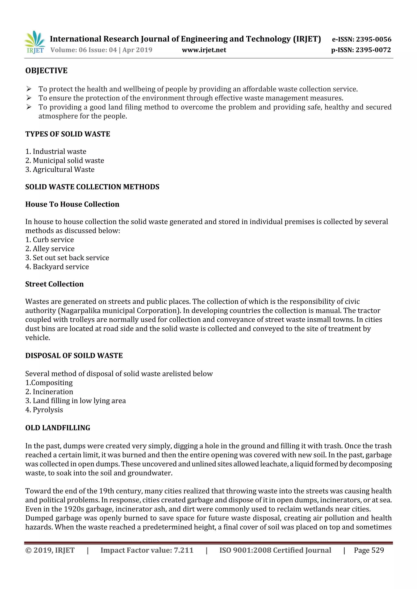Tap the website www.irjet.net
(x=204, y=50)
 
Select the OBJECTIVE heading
(x=46, y=71)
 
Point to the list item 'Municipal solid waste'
(x=68, y=161)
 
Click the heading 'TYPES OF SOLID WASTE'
(x=68, y=134)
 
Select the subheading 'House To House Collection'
(x=72, y=204)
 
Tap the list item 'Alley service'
(x=53, y=249)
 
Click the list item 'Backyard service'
(x=61, y=267)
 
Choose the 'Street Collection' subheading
(x=55, y=284)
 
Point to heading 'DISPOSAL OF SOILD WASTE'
(x=74, y=356)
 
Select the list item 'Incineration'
(x=53, y=392)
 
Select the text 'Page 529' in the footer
(x=369, y=550)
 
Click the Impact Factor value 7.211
(x=183, y=550)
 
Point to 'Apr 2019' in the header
(x=137, y=50)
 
